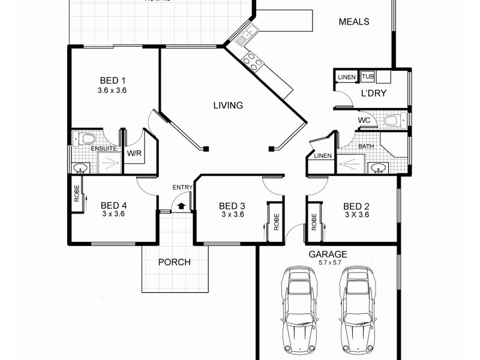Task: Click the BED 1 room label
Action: click(112, 80)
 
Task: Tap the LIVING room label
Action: click(228, 106)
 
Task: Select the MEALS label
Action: click(354, 22)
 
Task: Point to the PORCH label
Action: click(174, 262)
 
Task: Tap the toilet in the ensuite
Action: click(85, 139)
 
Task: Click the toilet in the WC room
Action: click(392, 120)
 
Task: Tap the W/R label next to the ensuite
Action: click(134, 153)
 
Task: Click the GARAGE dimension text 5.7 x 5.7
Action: click(328, 262)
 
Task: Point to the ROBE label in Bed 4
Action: click(77, 194)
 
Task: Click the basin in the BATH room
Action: click(378, 167)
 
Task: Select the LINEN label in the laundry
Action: click(346, 77)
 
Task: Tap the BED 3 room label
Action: click(232, 206)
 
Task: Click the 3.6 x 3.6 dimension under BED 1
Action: click(112, 91)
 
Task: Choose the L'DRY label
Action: click(373, 93)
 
